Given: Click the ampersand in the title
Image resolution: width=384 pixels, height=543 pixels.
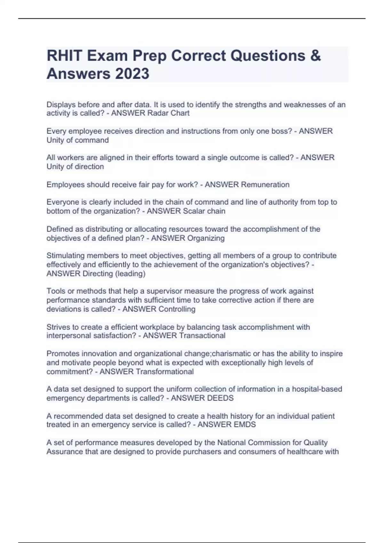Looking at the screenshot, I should (x=315, y=56).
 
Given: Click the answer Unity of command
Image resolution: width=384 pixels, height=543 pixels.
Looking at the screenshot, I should (x=77, y=140).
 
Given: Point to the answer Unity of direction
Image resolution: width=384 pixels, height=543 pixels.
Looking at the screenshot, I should (x=75, y=166).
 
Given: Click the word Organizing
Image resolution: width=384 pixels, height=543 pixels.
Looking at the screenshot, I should (x=206, y=238).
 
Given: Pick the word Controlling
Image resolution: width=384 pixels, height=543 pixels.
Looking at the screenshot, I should (x=177, y=309).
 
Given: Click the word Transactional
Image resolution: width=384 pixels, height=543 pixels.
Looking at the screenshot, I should (x=202, y=335).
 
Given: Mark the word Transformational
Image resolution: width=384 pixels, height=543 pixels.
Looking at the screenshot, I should (x=165, y=371).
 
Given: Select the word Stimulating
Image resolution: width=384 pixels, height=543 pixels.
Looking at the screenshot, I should (x=65, y=256).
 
